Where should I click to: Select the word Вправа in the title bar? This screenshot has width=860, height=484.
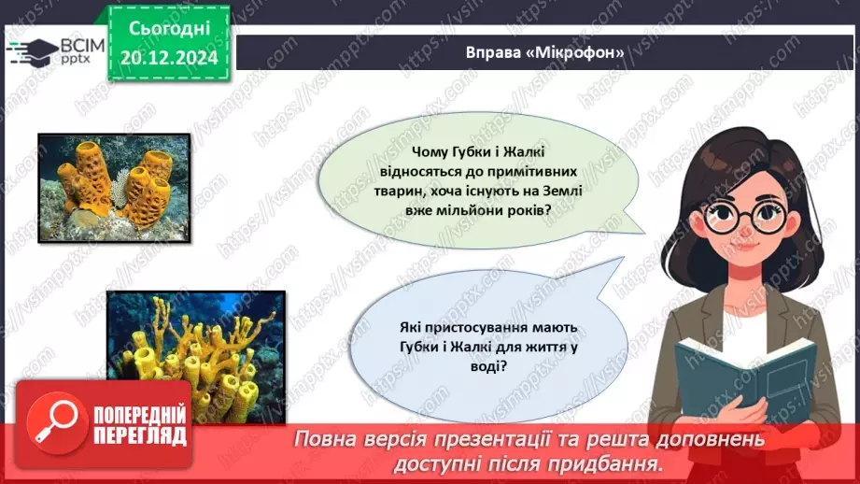coord(494,52)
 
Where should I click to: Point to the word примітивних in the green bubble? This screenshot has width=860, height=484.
coord(543,173)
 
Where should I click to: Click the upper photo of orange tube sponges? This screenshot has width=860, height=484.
coord(115,187)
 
